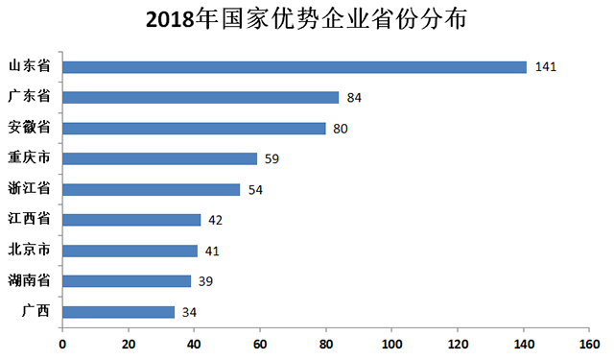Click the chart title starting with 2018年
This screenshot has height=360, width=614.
(x=307, y=20)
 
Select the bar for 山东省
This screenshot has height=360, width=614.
(x=295, y=67)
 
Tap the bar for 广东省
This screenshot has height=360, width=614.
(x=201, y=97)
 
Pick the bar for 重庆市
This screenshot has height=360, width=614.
(x=159, y=158)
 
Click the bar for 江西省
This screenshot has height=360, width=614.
(x=131, y=220)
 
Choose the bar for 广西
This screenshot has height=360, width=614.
(x=118, y=312)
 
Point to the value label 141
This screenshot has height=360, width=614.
(x=547, y=67)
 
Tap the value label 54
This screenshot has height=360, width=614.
(x=255, y=190)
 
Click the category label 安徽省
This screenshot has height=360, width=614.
(x=30, y=128)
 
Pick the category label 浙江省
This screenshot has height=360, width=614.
(x=30, y=189)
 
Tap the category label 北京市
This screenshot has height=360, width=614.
(x=30, y=251)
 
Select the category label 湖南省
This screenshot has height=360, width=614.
(x=30, y=281)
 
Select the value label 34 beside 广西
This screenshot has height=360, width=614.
(x=191, y=313)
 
